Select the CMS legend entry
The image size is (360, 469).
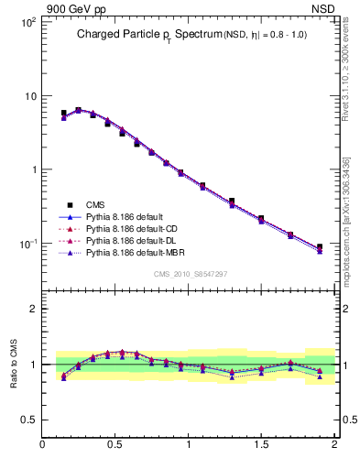97,204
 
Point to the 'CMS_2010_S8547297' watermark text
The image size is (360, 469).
189,274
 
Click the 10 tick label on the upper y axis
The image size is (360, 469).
29,95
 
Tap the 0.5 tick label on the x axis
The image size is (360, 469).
115,446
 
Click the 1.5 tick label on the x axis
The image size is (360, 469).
261,446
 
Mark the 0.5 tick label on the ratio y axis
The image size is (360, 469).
27,420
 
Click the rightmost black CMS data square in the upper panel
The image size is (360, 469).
320,246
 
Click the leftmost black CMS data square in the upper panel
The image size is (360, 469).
64,114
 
